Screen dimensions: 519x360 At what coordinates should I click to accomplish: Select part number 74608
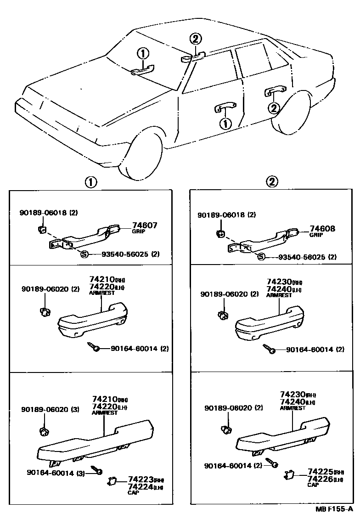(x=322, y=228)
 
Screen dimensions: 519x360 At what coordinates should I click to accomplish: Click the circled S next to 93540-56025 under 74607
(x=84, y=254)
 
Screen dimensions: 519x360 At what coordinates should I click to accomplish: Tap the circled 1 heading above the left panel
(x=90, y=182)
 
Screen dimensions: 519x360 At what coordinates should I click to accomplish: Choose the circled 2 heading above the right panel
(x=272, y=182)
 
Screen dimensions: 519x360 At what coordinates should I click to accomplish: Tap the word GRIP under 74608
(x=316, y=235)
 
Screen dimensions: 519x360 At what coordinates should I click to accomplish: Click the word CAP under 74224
(x=133, y=493)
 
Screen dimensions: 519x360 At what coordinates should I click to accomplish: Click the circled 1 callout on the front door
(x=225, y=123)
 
